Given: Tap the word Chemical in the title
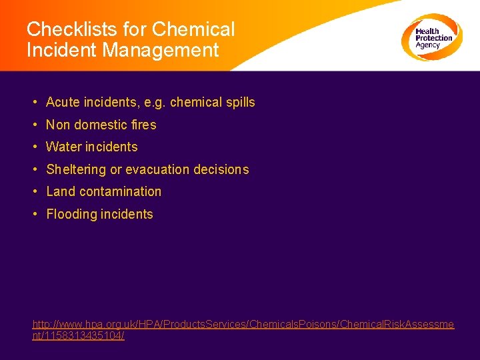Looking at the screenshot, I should [194, 30].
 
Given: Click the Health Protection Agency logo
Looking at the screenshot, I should [431, 37].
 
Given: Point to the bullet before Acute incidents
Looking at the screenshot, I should [33, 103].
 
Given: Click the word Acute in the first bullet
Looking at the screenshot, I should [62, 103].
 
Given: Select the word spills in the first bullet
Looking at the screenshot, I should [240, 103].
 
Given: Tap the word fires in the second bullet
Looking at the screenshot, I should [144, 125].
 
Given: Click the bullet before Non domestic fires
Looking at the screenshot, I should [33, 125].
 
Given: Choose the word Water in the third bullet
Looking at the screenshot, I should [63, 147].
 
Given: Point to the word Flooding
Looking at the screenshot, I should [71, 214].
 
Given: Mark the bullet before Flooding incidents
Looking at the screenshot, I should [33, 214].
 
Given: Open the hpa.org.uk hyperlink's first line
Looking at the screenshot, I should [243, 324].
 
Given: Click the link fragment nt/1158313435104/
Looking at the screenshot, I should [79, 336].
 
